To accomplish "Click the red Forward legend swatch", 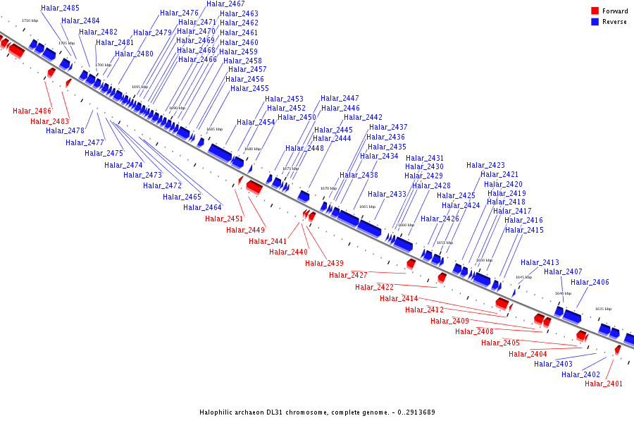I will pyautogui.click(x=595, y=11).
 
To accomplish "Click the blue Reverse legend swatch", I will pyautogui.click(x=595, y=22).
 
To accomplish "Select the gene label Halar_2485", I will pyautogui.click(x=60, y=8).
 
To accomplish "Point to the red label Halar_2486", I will pyautogui.click(x=32, y=111).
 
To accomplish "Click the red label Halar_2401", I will pyautogui.click(x=604, y=384).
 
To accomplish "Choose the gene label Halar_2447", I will pyautogui.click(x=340, y=98).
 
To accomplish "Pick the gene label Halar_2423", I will pyautogui.click(x=485, y=165).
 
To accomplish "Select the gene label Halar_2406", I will pyautogui.click(x=590, y=282).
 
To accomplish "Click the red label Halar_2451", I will pyautogui.click(x=224, y=219).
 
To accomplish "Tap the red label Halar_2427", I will pyautogui.click(x=348, y=275).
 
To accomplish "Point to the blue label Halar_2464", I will pyautogui.click(x=202, y=207).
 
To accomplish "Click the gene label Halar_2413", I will pyautogui.click(x=540, y=262).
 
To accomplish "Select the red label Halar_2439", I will pyautogui.click(x=324, y=263).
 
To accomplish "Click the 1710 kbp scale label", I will pyautogui.click(x=30, y=20).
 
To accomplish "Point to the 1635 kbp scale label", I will pyautogui.click(x=603, y=309).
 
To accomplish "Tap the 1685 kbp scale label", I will pyautogui.click(x=214, y=129).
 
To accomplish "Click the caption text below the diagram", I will pyautogui.click(x=317, y=412).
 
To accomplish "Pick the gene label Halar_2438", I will pyautogui.click(x=359, y=175).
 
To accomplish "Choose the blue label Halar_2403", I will pyautogui.click(x=553, y=364).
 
